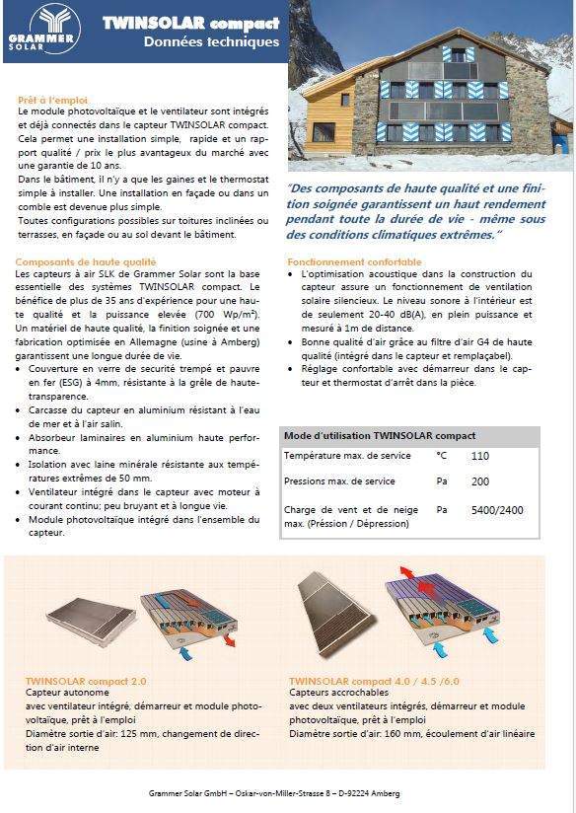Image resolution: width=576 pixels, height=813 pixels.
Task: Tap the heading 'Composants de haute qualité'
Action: pos(86,261)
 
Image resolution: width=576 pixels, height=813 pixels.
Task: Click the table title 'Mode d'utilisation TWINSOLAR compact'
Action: pos(380,435)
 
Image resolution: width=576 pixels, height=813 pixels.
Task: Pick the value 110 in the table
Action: pos(480,457)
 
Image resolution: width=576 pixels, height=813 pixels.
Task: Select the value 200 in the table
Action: pos(480,481)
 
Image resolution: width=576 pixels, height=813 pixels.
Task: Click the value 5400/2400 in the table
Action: pos(497,510)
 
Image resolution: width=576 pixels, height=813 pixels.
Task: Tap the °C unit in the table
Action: pos(441,457)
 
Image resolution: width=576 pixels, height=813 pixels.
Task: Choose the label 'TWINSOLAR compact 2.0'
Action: pos(86,681)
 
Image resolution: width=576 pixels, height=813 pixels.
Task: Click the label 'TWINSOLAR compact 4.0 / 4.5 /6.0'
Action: pos(374,681)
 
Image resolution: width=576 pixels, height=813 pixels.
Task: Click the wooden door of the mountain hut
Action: pos(323,132)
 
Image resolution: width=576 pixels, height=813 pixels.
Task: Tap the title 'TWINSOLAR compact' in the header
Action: pos(190,22)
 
